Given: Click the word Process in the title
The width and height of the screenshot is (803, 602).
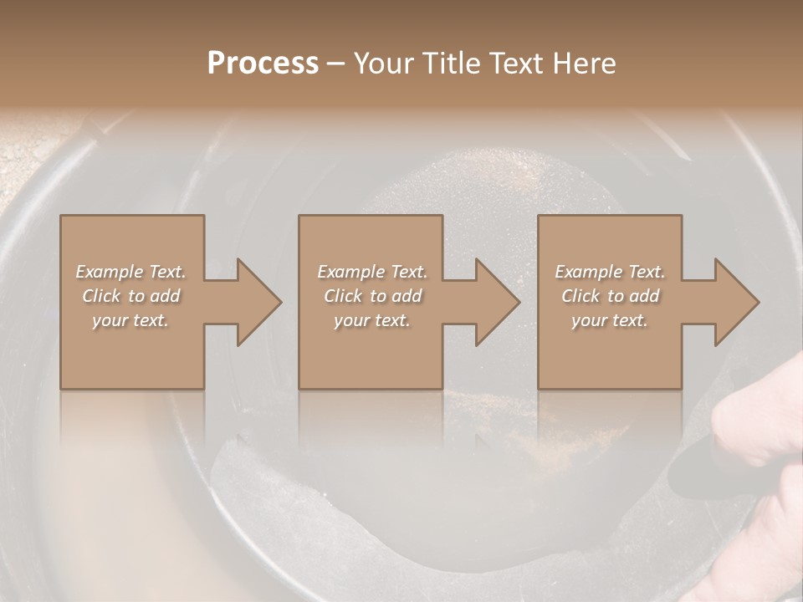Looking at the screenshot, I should pyautogui.click(x=263, y=64).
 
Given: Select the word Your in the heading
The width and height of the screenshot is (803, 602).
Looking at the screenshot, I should pyautogui.click(x=382, y=64).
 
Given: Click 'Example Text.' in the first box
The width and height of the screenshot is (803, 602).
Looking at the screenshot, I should pyautogui.click(x=130, y=272).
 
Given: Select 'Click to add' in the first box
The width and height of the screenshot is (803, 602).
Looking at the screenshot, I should pyautogui.click(x=130, y=296).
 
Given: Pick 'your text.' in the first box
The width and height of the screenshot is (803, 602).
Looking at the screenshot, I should pyautogui.click(x=130, y=320).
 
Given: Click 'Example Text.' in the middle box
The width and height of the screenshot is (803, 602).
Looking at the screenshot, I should pyautogui.click(x=372, y=272).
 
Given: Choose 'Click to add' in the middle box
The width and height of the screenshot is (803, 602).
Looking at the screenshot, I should pyautogui.click(x=372, y=296).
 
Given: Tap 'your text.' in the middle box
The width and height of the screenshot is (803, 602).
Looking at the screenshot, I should pyautogui.click(x=372, y=320).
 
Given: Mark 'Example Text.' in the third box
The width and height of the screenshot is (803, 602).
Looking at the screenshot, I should pyautogui.click(x=610, y=272).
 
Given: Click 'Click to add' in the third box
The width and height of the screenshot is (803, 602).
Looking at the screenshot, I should pyautogui.click(x=610, y=296).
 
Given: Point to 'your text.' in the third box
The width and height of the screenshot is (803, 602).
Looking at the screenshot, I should pyautogui.click(x=610, y=320).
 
